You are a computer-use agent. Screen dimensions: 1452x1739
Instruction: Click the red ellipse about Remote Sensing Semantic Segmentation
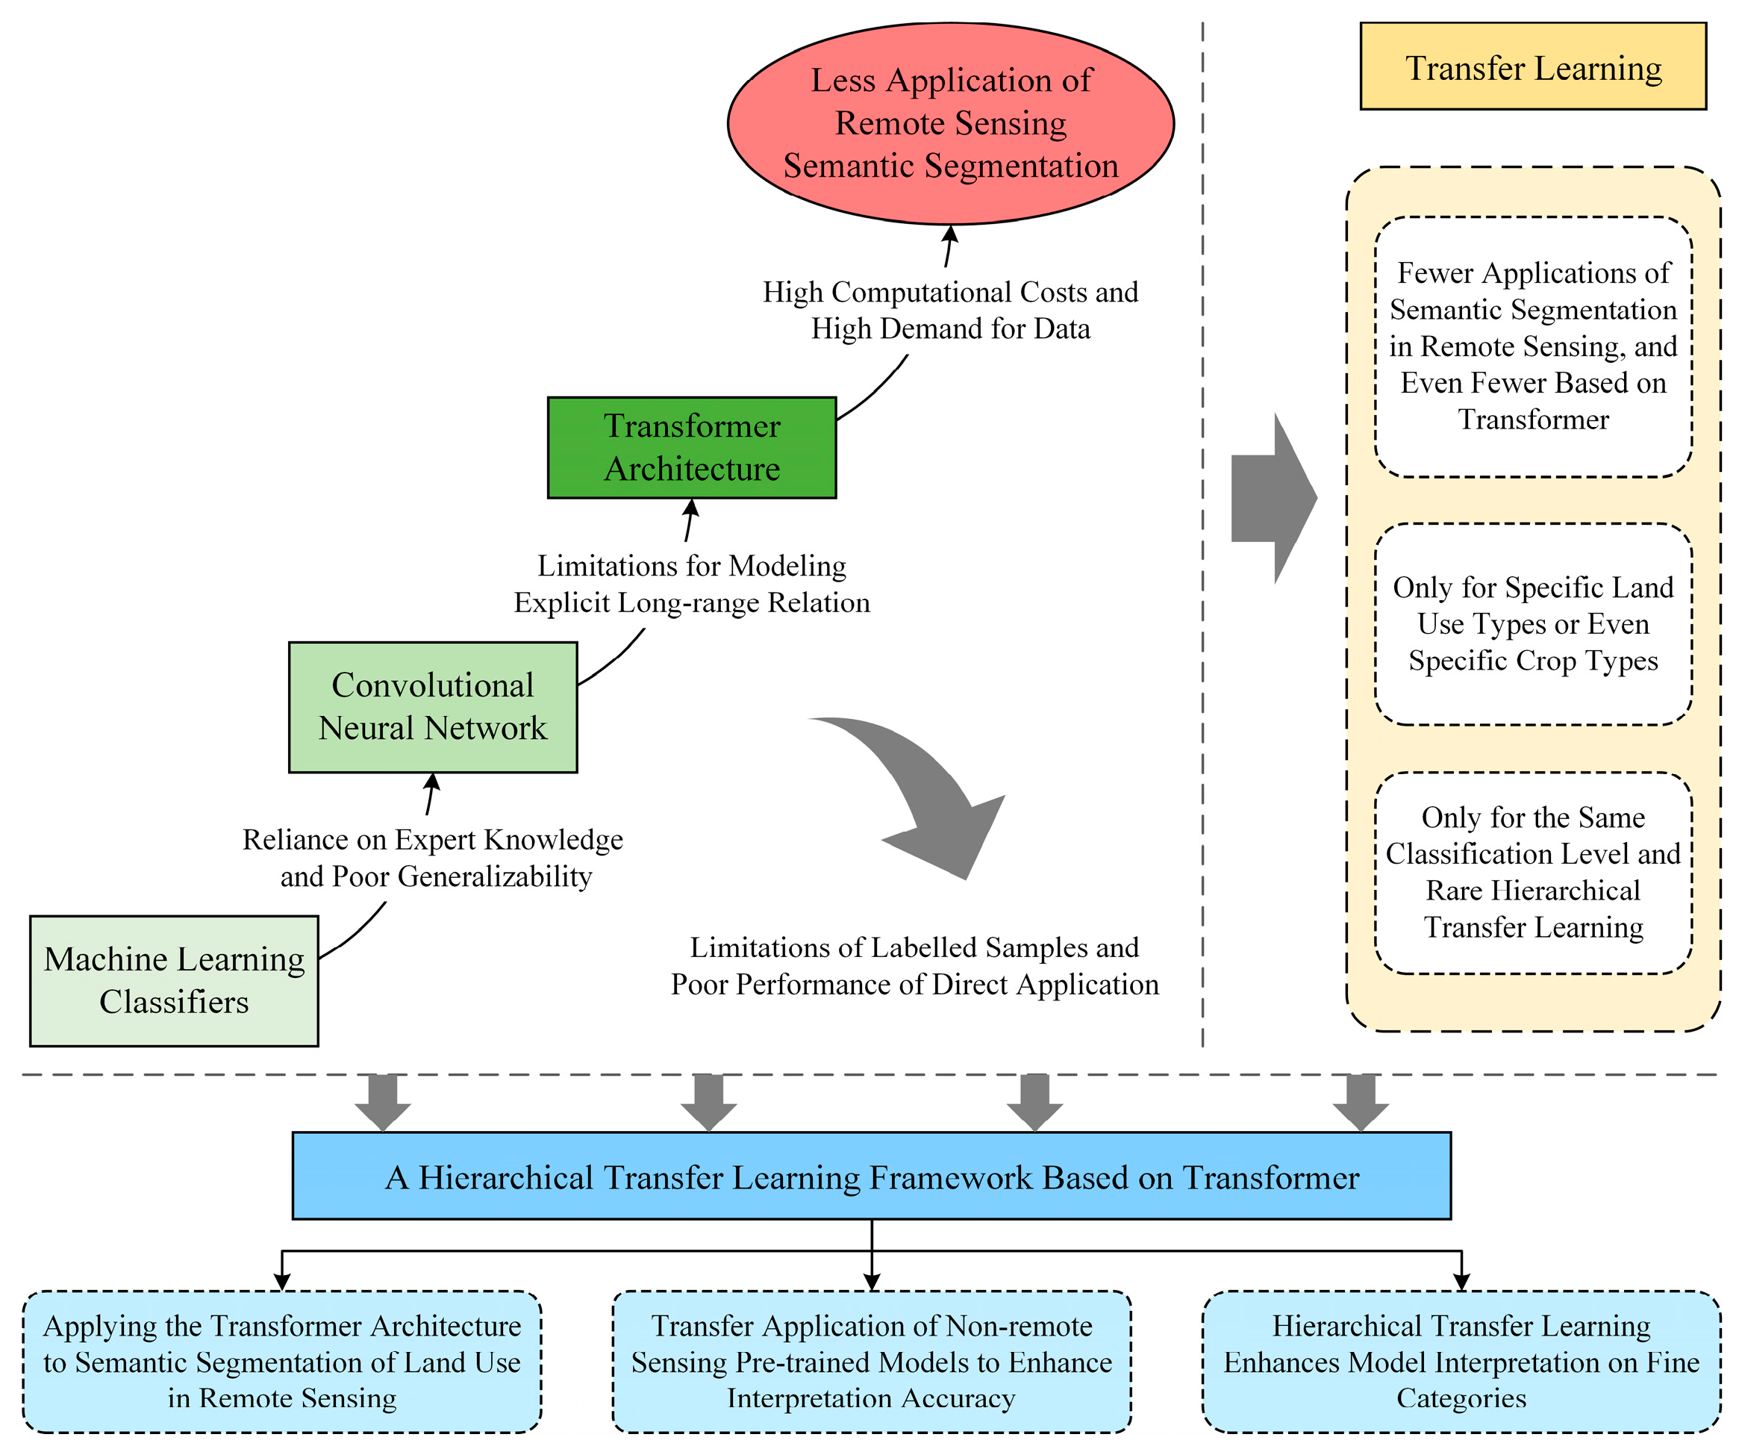[x=950, y=122]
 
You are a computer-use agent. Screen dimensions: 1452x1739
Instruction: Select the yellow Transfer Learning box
[x=1533, y=66]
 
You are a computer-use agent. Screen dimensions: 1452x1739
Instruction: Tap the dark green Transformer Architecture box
[x=691, y=447]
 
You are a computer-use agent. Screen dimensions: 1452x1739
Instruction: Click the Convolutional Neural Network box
[x=432, y=706]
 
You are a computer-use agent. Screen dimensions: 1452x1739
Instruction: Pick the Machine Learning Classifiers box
[x=174, y=980]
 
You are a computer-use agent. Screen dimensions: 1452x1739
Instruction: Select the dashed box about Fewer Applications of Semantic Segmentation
[x=1533, y=346]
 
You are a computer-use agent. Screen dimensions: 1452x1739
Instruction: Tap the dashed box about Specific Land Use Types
[x=1533, y=623]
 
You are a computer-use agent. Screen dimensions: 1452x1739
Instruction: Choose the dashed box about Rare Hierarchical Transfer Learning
[x=1533, y=872]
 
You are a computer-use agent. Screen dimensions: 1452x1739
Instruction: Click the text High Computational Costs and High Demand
[x=950, y=310]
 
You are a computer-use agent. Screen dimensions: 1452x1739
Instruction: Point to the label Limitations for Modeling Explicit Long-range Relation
[x=691, y=584]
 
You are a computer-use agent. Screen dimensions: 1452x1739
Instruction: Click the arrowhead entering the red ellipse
[x=952, y=235]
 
